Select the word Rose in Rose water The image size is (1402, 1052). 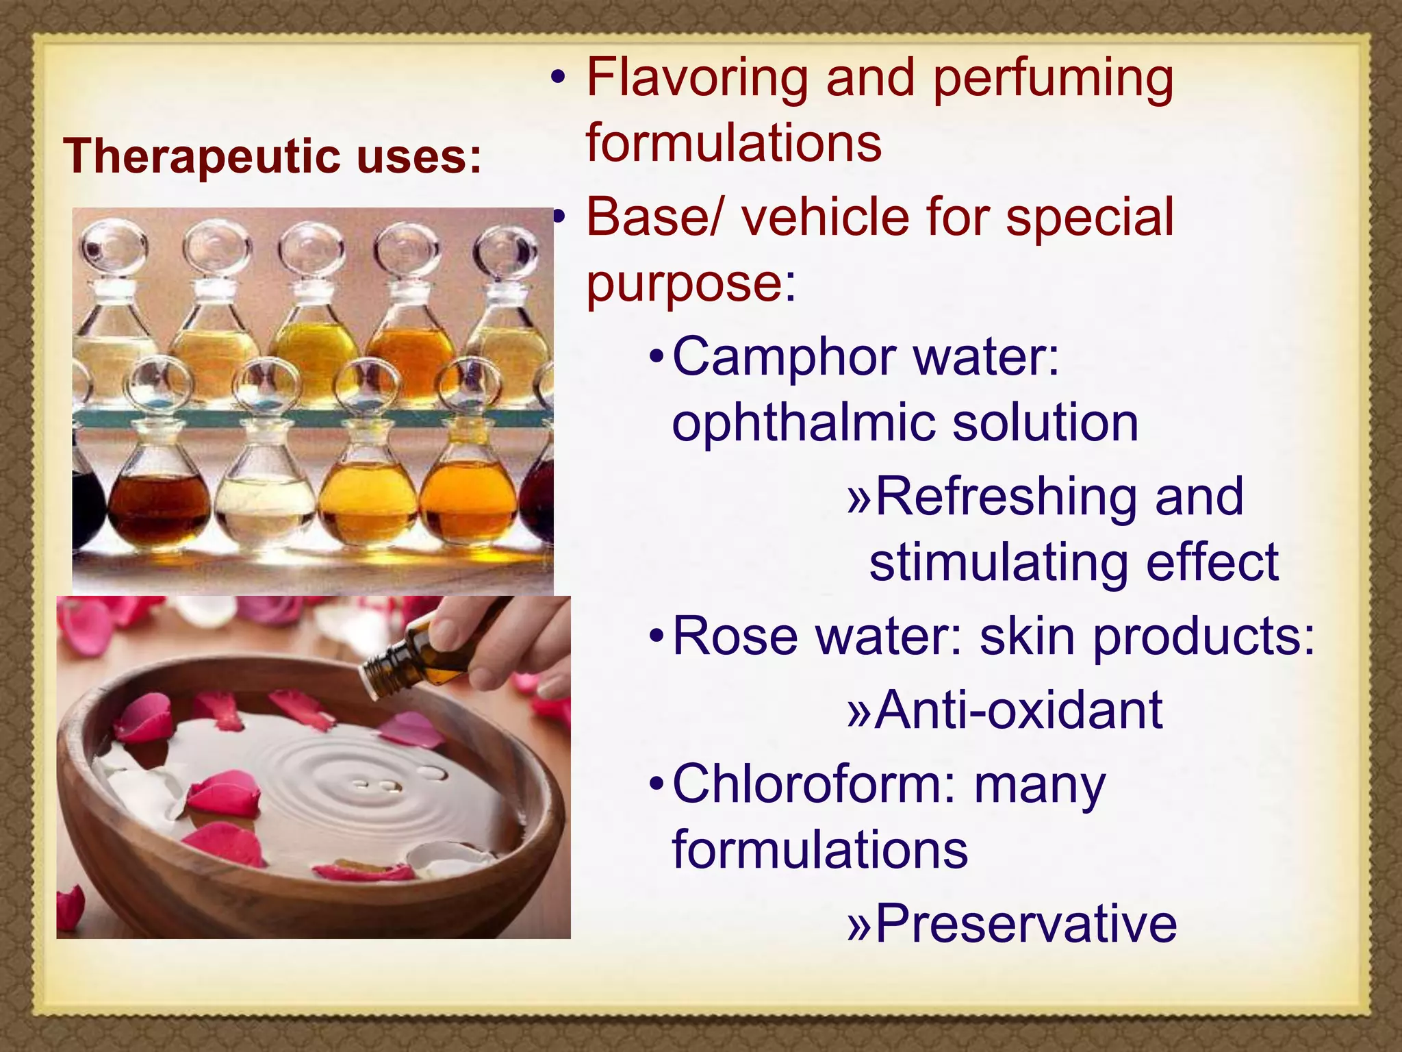click(x=735, y=636)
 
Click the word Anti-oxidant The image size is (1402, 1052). click(x=1019, y=710)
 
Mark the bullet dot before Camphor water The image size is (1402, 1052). click(x=657, y=357)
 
